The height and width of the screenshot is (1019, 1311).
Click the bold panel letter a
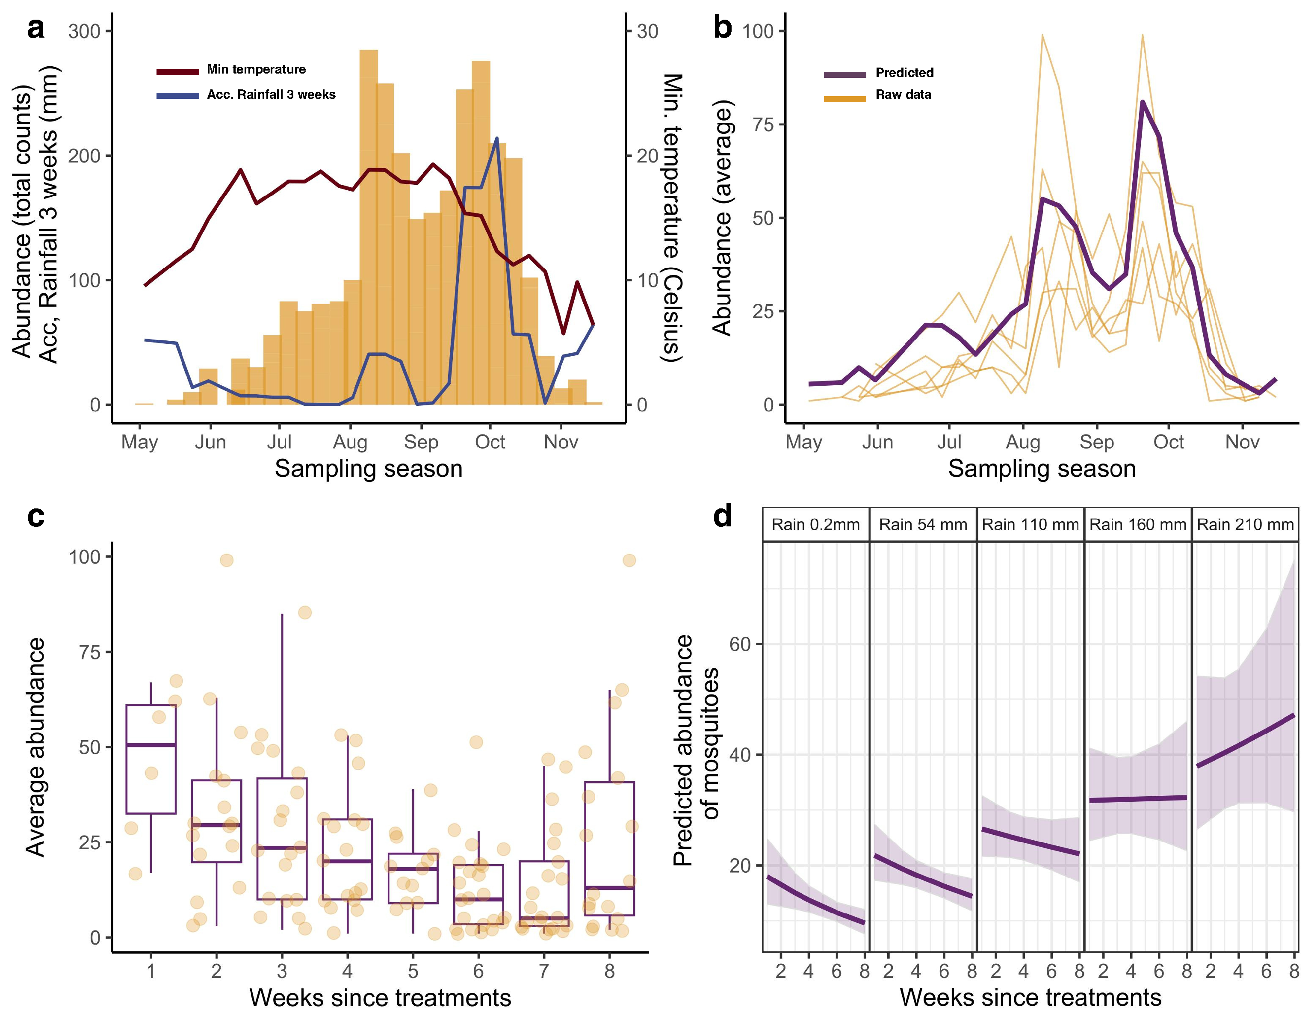[x=36, y=29]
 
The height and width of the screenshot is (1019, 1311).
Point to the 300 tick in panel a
[x=84, y=31]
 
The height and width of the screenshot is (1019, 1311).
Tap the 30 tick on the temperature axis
[x=647, y=31]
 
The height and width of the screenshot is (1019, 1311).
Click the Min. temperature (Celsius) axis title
[x=672, y=217]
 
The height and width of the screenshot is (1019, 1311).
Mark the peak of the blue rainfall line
[x=496, y=139]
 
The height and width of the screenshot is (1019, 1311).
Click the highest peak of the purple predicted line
[x=1143, y=102]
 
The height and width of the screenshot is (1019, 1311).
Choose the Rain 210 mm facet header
[x=1245, y=525]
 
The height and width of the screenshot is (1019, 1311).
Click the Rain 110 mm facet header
[x=1030, y=525]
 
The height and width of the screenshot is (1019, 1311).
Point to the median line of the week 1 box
[x=151, y=745]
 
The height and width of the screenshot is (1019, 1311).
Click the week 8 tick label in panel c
[x=609, y=971]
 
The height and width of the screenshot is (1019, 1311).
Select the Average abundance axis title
[x=36, y=747]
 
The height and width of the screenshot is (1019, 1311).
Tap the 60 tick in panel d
[x=740, y=644]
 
